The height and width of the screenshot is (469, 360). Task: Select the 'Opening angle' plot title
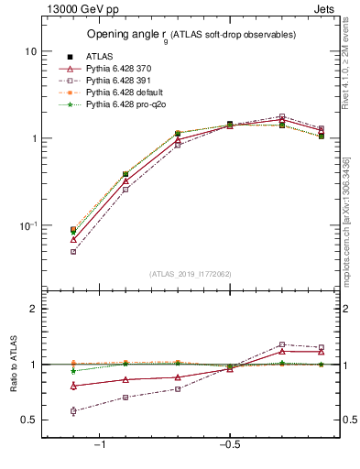click(191, 34)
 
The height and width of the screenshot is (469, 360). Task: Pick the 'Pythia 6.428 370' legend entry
click(123, 69)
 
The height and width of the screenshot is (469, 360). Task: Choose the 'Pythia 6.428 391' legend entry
click(123, 82)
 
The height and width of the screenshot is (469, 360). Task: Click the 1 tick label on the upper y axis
click(33, 139)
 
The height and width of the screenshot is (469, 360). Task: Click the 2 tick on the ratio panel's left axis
click(33, 309)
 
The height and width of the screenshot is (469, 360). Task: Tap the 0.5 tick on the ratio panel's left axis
click(29, 420)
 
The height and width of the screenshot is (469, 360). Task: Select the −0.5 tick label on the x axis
click(229, 445)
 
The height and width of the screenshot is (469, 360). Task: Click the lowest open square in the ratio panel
click(73, 411)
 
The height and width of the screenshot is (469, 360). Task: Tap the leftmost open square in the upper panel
click(73, 251)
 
